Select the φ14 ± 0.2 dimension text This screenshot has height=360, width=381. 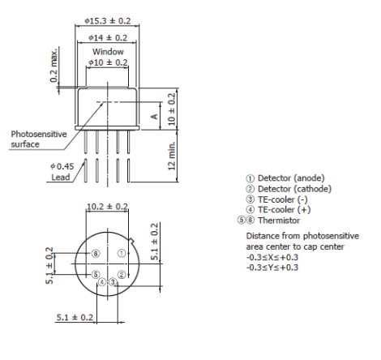tap(107, 37)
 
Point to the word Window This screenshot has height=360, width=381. tap(107, 50)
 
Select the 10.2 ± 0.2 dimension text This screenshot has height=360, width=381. tap(108, 206)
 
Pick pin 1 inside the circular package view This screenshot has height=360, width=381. tap(122, 253)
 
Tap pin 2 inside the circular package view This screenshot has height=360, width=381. tap(121, 275)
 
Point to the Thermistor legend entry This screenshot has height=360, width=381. tap(273, 220)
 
